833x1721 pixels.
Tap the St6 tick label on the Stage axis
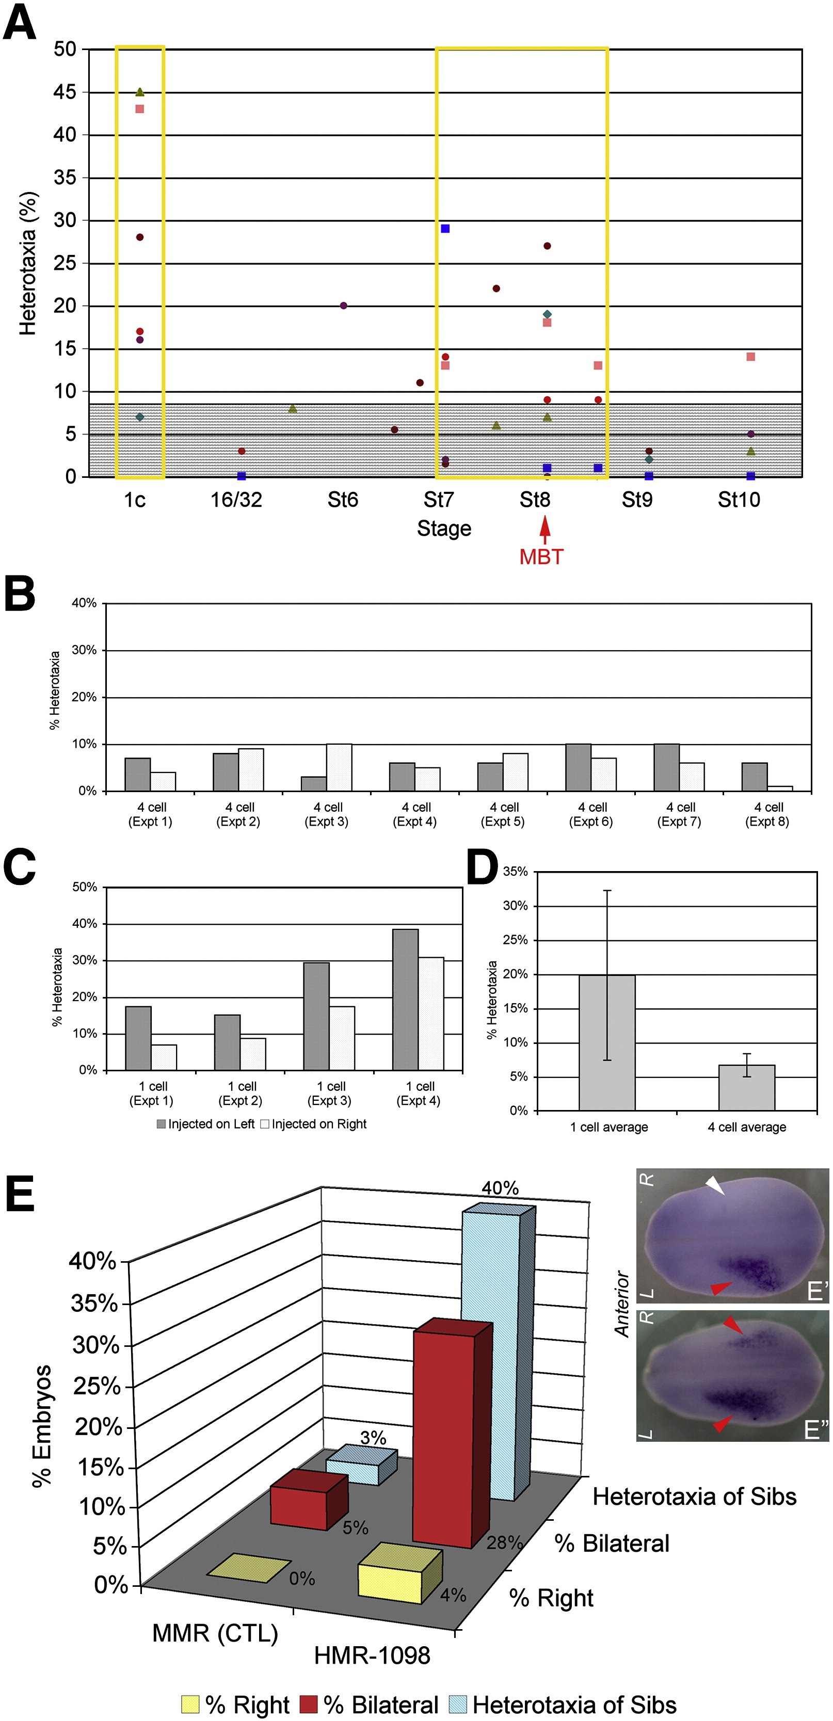(x=343, y=499)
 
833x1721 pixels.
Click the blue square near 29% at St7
(x=445, y=229)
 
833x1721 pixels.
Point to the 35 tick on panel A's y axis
(x=65, y=177)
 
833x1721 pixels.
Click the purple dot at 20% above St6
(x=343, y=305)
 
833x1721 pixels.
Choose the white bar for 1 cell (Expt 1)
(x=164, y=1057)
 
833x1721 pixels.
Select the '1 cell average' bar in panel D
(x=606, y=1042)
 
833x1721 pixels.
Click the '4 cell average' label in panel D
(x=747, y=1127)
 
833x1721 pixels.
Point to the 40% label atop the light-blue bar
(x=500, y=1188)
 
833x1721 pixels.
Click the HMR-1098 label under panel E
(x=372, y=1654)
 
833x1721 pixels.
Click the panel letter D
(x=482, y=868)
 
